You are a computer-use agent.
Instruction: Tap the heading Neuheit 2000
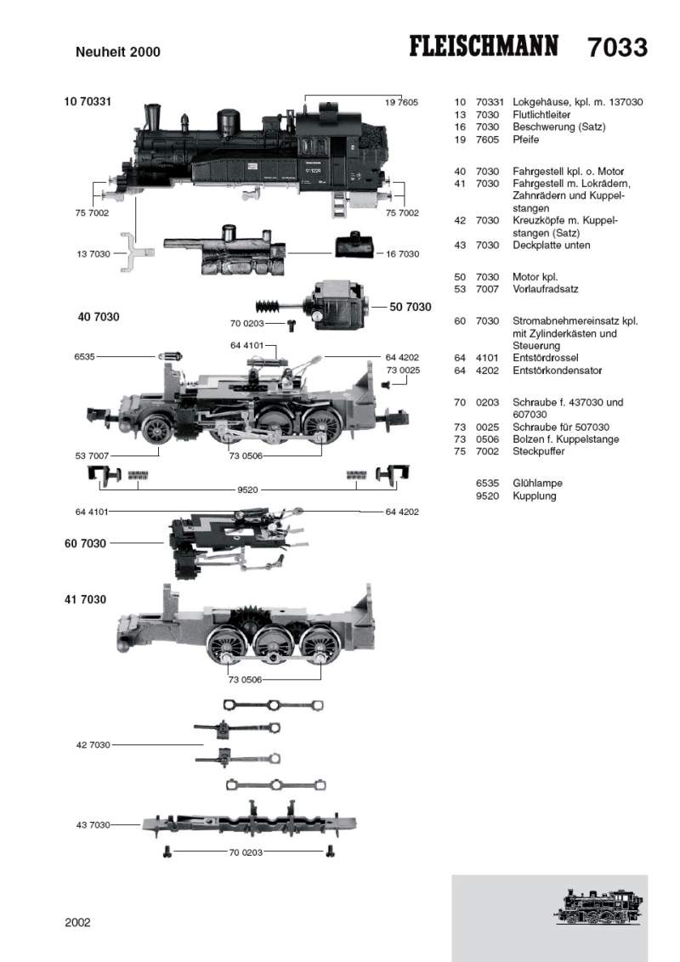118,52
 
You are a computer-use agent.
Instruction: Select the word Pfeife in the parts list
526,139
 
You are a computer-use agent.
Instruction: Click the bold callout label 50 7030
411,307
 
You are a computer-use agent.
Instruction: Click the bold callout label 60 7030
85,543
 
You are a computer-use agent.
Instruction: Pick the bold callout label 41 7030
85,599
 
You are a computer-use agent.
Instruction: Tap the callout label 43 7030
93,824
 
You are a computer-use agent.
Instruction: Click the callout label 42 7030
93,744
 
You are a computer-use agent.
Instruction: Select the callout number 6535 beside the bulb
86,358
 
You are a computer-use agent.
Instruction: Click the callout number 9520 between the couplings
248,490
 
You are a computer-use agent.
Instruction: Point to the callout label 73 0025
403,371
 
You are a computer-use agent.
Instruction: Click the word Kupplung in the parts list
534,495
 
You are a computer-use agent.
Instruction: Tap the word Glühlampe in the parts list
537,483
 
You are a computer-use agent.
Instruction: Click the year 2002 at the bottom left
77,921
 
